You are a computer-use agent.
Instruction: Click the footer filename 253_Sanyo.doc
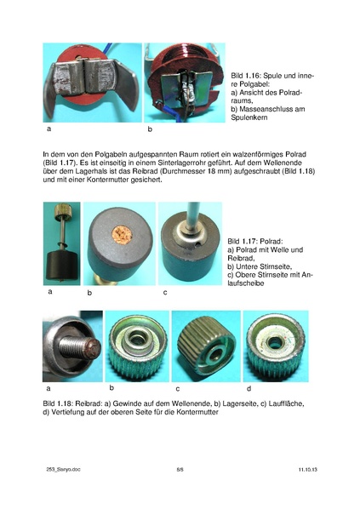pyautogui.click(x=62, y=469)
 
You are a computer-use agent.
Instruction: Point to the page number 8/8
pyautogui.click(x=180, y=469)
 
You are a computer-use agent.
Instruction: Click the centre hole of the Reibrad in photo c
pyautogui.click(x=210, y=352)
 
